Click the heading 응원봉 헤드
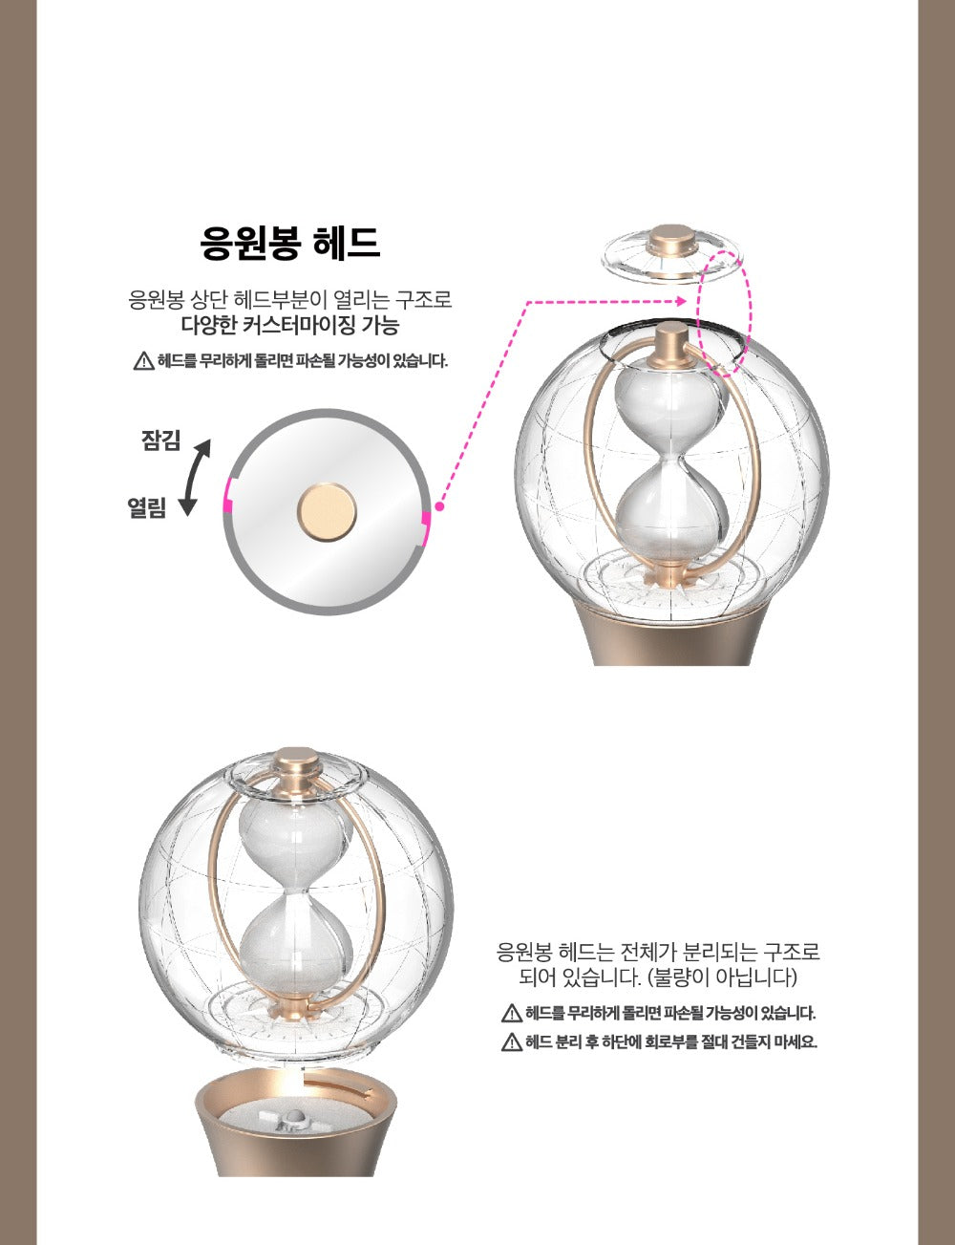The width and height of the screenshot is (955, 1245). (289, 243)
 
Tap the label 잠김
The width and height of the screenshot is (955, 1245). (160, 440)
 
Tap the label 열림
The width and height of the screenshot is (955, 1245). (147, 507)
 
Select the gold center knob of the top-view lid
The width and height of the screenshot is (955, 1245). (327, 511)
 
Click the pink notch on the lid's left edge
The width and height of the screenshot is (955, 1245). (227, 493)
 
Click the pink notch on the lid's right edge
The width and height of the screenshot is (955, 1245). (425, 527)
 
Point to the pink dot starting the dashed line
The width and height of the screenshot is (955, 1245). (439, 506)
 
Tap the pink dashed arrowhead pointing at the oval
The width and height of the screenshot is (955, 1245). (681, 301)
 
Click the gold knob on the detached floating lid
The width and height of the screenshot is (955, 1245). (672, 240)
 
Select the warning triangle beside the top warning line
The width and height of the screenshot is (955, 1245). (143, 361)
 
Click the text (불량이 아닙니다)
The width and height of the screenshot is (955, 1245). (722, 977)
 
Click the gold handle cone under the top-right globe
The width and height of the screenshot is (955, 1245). (672, 633)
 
